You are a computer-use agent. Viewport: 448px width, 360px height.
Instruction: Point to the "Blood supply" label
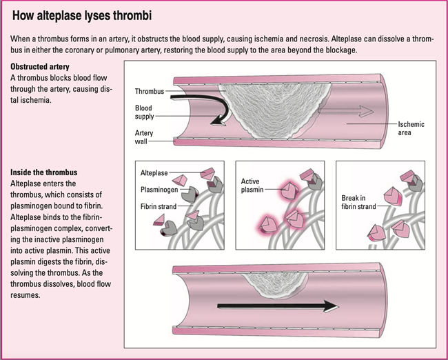[145, 112]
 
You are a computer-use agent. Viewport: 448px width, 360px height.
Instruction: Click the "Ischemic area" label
[411, 128]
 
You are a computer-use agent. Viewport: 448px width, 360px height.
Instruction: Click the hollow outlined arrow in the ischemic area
[352, 110]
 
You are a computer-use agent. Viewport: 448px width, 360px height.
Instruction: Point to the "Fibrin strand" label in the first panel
[159, 206]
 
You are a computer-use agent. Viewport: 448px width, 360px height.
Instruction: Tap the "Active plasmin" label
[253, 185]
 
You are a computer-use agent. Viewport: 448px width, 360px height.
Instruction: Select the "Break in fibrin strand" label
[358, 201]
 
